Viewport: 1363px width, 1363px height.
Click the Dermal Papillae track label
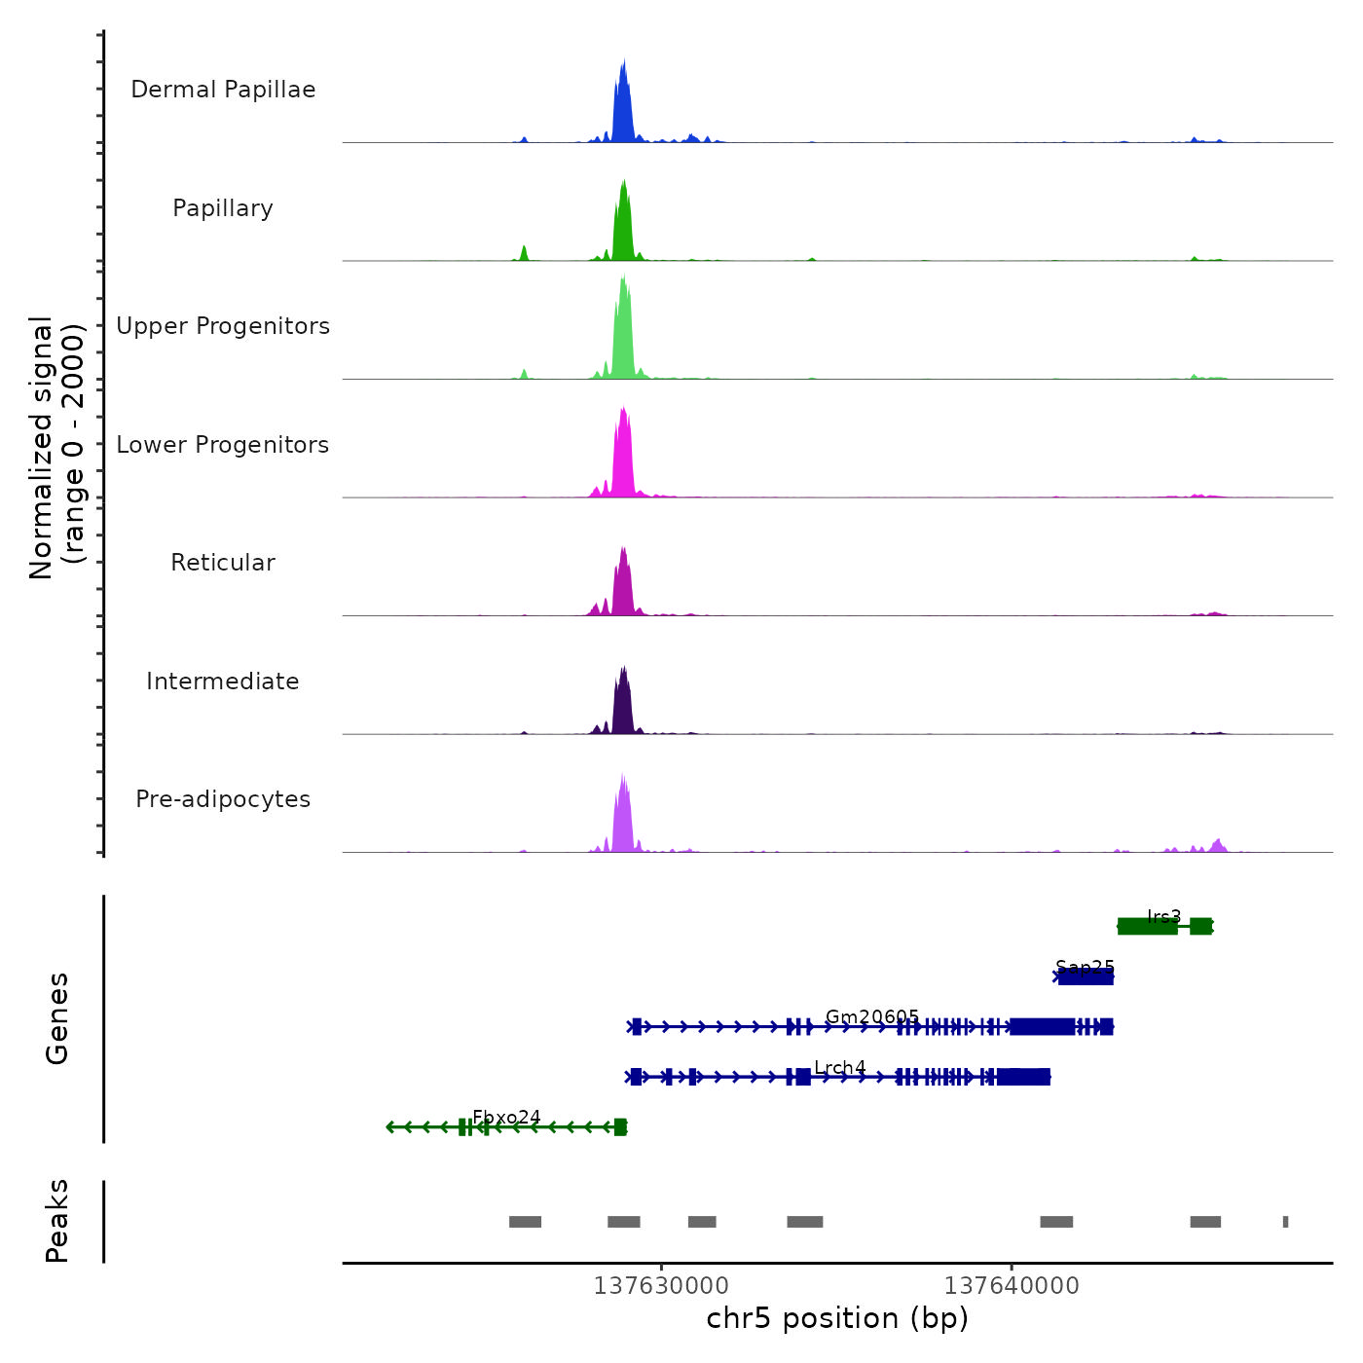coord(223,90)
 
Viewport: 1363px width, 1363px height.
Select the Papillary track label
coord(223,208)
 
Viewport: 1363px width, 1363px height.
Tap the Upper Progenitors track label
coord(223,326)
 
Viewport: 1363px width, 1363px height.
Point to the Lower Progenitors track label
coord(223,445)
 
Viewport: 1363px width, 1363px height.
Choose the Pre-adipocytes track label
coord(223,799)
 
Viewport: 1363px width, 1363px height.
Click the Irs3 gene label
coord(1164,916)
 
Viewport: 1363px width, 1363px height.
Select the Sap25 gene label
coord(1085,967)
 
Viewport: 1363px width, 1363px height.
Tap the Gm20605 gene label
coord(872,1016)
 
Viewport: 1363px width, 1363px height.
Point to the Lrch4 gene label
coord(840,1067)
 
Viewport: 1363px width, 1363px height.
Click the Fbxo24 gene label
coord(506,1117)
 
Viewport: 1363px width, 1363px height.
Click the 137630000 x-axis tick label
coord(661,1286)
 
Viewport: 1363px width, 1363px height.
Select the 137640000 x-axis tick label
coord(1012,1286)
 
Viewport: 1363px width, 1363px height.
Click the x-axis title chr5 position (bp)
coord(837,1318)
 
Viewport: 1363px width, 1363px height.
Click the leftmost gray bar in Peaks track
coord(525,1222)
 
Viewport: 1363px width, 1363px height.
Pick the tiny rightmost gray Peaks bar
coord(1285,1222)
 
